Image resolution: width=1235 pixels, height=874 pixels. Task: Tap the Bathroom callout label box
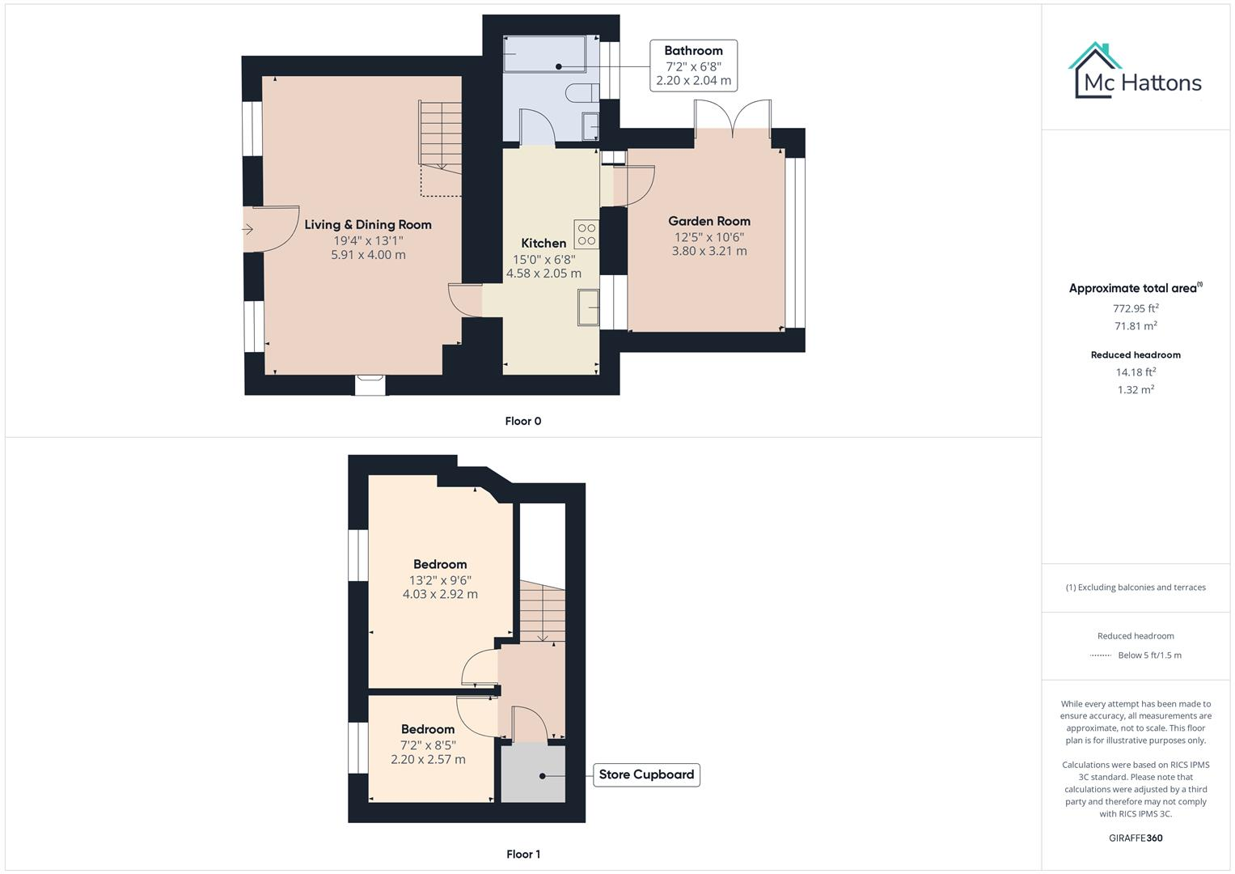(693, 66)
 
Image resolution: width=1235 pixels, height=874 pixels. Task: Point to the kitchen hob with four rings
(586, 235)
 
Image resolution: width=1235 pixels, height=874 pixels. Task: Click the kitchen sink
(588, 308)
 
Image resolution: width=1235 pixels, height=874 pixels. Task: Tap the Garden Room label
(708, 221)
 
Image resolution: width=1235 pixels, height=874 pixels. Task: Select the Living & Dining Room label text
(367, 225)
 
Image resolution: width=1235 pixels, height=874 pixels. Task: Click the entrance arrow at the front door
(248, 230)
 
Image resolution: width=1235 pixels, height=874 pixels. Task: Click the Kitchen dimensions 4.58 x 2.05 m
(543, 274)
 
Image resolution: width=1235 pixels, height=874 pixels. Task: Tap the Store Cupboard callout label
(646, 774)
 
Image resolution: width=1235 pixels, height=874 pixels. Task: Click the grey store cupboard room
(532, 774)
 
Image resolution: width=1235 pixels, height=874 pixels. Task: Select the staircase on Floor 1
(541, 613)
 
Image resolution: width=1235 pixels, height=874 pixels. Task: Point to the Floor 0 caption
(522, 421)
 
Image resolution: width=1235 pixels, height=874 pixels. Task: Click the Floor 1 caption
(522, 854)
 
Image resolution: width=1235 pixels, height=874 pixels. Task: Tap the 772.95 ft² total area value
(1136, 308)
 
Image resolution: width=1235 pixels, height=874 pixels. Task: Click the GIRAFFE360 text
(1136, 838)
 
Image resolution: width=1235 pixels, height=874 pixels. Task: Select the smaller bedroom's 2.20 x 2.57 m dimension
(428, 759)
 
